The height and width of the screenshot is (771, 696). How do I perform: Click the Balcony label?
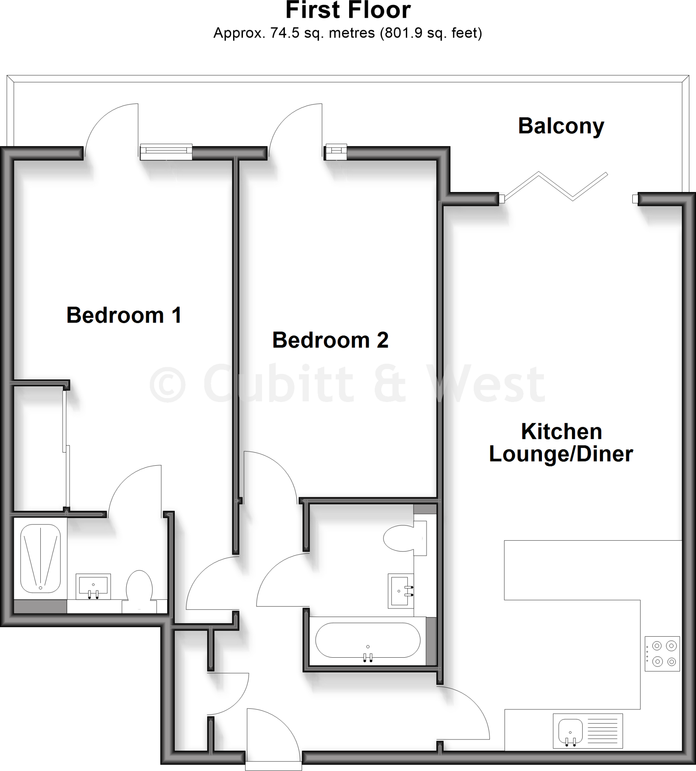point(561,126)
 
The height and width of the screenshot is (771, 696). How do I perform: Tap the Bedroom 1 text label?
point(124,315)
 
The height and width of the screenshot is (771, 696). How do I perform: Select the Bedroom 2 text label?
point(330,340)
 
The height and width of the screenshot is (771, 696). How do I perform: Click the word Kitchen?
point(562,431)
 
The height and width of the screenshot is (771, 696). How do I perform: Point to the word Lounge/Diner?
point(561,454)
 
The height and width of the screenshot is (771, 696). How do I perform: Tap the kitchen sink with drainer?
point(588,731)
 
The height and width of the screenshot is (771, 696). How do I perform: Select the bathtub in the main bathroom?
point(368,640)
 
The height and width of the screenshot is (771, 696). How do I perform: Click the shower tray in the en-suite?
point(40,558)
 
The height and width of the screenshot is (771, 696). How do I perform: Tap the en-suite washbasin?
point(93,587)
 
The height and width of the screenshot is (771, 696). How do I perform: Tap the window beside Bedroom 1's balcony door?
point(166,152)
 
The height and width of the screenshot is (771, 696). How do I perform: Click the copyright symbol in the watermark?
point(168,384)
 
